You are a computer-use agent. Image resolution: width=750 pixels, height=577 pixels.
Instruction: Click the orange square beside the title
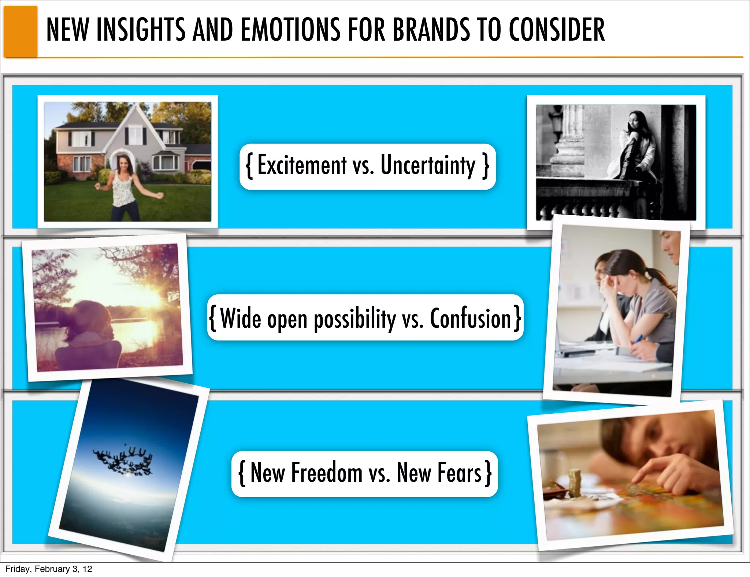pos(21,31)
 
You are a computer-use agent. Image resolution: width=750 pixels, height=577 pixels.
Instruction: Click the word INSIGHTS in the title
pos(141,30)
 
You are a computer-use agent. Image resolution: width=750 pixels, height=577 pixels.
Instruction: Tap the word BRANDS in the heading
pos(431,30)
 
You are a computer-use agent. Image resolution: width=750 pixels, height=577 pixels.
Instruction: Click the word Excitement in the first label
pos(302,165)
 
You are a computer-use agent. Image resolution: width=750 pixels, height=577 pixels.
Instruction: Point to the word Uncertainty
pos(428,165)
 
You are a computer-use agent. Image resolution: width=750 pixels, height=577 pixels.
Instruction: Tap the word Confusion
pos(470,319)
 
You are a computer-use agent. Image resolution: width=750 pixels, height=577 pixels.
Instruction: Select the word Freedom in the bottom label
pos(327,473)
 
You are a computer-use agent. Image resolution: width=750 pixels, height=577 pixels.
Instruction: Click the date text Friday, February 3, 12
pos(49,569)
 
